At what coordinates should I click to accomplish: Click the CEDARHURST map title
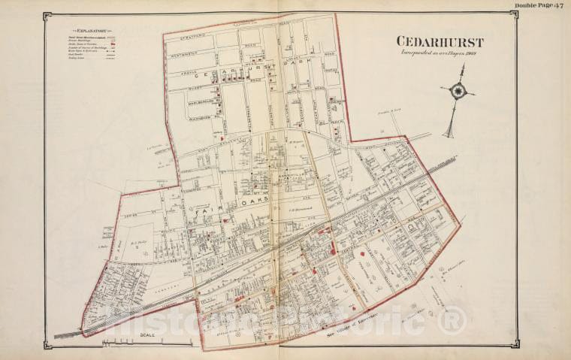440,42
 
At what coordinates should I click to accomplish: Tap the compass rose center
457,92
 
